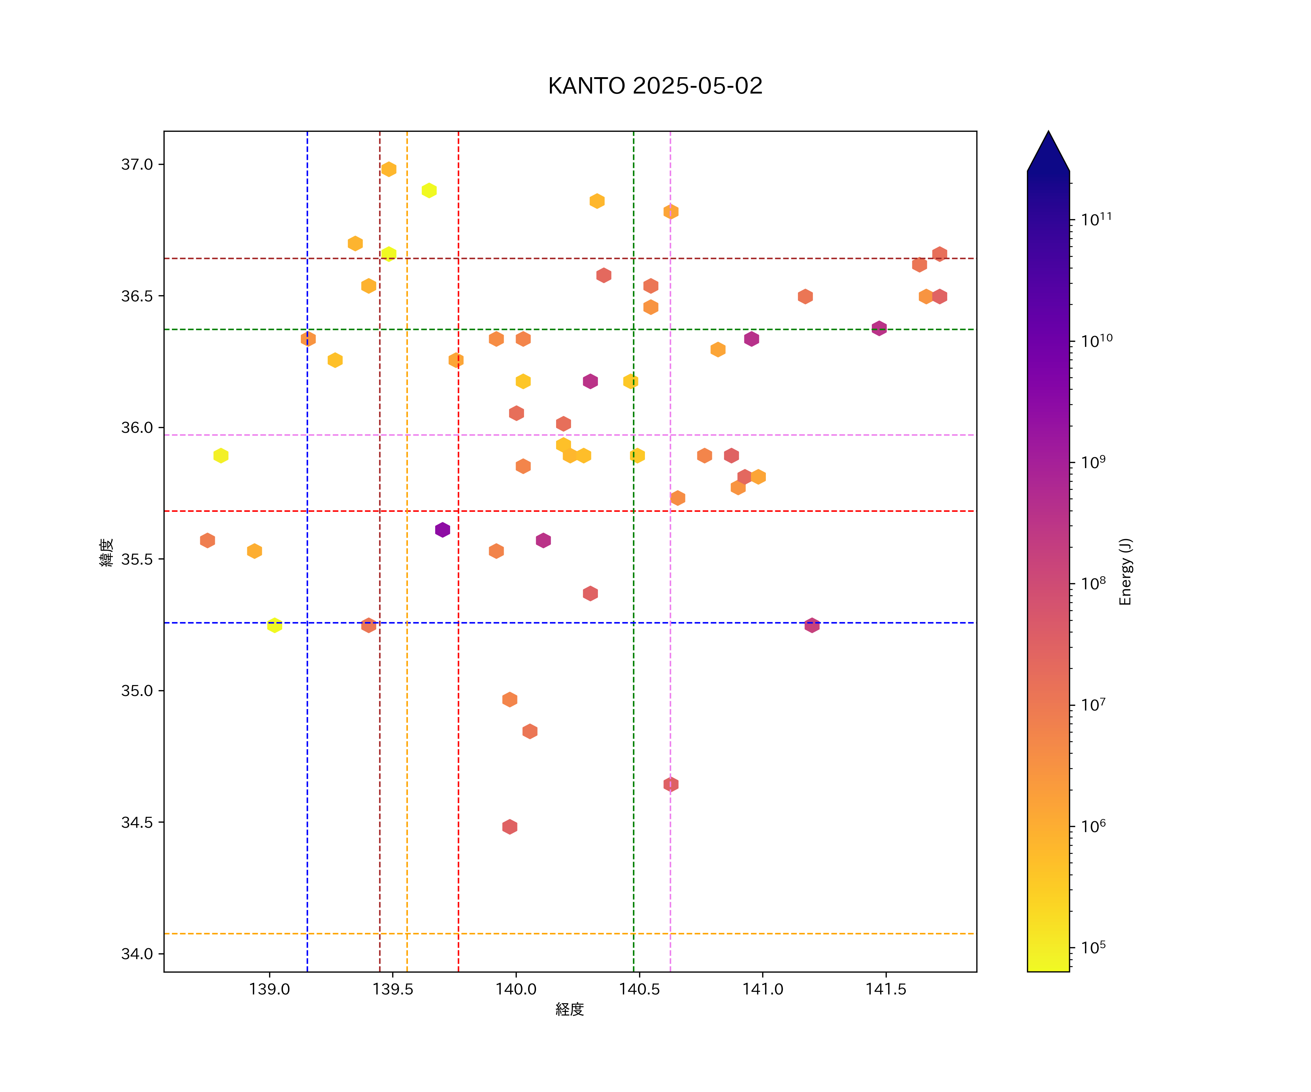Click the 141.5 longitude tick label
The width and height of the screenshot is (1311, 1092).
(x=885, y=990)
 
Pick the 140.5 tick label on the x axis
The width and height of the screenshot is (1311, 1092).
(x=639, y=990)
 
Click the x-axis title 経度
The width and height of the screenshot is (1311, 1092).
(x=569, y=1010)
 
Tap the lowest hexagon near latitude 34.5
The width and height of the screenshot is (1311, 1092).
(x=509, y=827)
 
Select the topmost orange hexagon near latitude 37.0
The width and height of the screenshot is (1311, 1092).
(x=389, y=169)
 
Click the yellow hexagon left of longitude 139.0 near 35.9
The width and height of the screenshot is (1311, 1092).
(x=220, y=455)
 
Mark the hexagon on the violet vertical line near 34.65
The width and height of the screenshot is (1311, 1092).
(x=670, y=784)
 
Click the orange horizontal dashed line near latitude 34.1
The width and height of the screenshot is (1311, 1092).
(x=749, y=934)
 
